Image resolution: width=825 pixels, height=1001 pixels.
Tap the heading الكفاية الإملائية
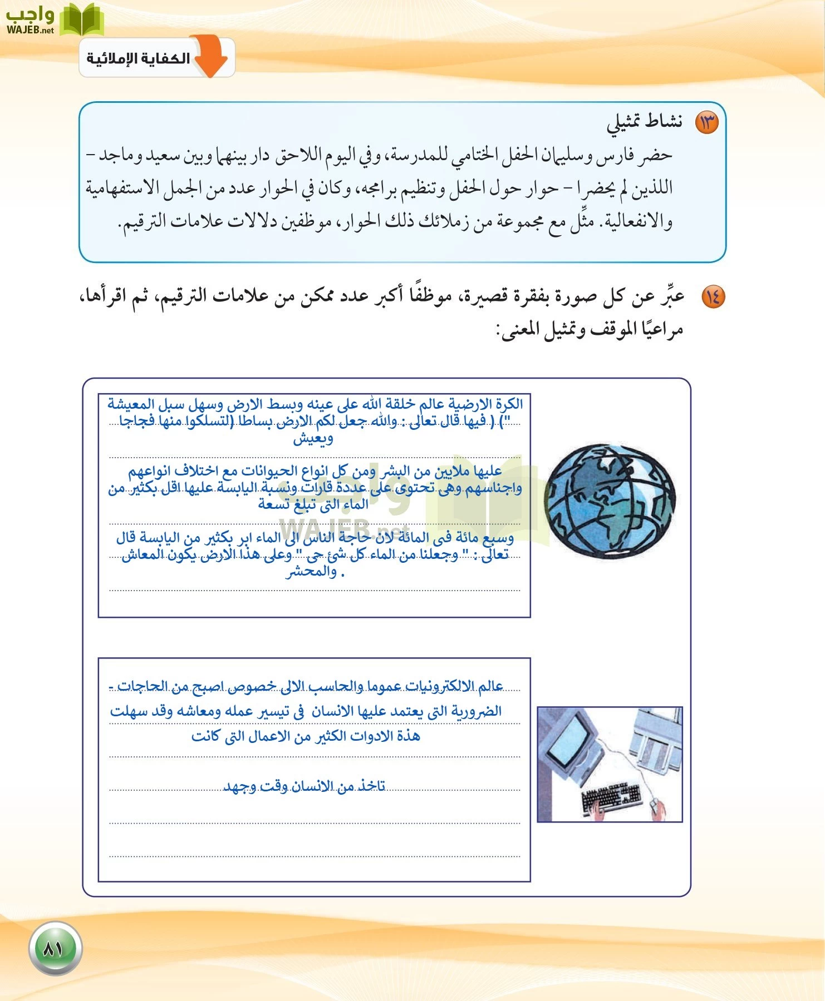pos(138,58)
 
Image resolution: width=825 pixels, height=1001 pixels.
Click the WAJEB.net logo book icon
pos(82,19)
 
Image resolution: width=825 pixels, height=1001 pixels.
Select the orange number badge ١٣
pos(707,122)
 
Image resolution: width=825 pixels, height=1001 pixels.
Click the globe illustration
pos(609,501)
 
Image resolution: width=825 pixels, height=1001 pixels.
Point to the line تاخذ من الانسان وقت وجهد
pos(304,786)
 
